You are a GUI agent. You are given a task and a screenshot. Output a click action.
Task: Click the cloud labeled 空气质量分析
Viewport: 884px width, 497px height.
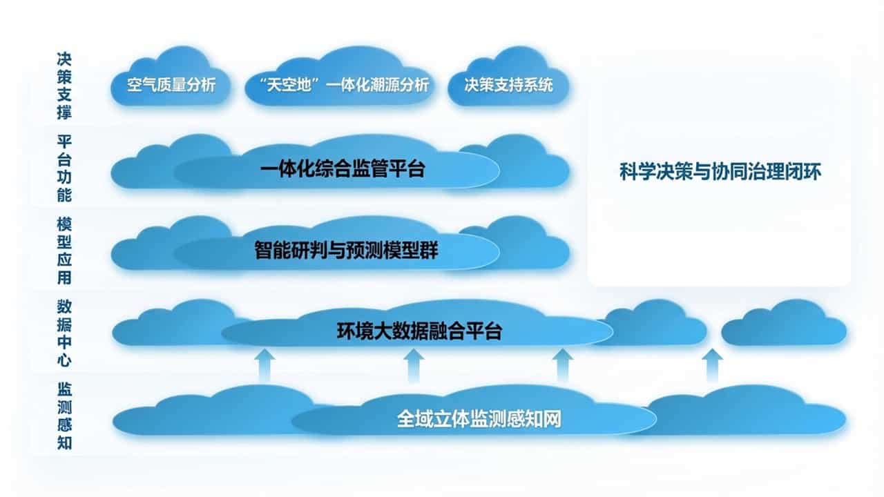(171, 85)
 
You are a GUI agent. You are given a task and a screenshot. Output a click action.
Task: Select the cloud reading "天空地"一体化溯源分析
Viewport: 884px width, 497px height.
(338, 85)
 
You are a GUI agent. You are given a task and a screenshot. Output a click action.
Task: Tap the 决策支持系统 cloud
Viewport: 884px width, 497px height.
(510, 85)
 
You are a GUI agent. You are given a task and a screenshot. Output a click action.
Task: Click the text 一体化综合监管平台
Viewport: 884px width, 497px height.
(343, 169)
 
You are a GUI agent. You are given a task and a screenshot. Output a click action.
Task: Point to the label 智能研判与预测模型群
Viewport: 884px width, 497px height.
(346, 251)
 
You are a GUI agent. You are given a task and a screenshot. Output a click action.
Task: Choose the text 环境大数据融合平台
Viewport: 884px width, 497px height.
(419, 331)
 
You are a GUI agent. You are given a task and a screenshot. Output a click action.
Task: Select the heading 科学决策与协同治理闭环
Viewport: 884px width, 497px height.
(720, 172)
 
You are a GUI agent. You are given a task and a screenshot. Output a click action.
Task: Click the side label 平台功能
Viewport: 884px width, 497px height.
(64, 168)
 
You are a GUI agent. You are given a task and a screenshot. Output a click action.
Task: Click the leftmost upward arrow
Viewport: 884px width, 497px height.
(264, 364)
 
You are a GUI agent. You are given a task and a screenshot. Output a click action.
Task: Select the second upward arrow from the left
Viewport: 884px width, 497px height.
(414, 364)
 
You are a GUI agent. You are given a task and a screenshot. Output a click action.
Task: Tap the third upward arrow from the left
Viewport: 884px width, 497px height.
(564, 364)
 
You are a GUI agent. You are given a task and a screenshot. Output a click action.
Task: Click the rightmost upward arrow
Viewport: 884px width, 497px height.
(713, 364)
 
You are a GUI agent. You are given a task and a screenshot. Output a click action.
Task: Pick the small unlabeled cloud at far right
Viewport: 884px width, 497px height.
(785, 325)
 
